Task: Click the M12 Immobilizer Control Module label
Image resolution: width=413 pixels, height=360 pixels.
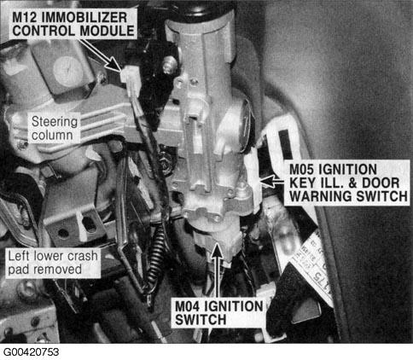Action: [x=73, y=24]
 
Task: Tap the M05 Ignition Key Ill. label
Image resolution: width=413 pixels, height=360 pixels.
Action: [x=348, y=183]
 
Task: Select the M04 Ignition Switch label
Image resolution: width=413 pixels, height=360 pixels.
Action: [x=219, y=313]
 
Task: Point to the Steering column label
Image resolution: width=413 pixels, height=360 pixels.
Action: [x=55, y=128]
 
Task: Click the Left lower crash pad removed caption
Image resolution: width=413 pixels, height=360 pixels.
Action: [x=53, y=263]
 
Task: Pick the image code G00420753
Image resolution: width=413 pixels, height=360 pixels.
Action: [x=32, y=352]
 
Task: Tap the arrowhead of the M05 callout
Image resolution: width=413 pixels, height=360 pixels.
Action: [x=267, y=182]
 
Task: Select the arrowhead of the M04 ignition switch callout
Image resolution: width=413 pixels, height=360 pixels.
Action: [x=218, y=249]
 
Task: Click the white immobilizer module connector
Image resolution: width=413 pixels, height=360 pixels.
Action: [x=131, y=80]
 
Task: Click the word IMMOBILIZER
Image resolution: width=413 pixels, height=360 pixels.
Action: [x=84, y=18]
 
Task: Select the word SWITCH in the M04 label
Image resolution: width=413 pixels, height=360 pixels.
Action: [x=201, y=320]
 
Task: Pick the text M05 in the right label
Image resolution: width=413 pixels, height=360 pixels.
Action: [x=301, y=170]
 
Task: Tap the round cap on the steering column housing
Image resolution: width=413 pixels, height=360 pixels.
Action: [x=67, y=72]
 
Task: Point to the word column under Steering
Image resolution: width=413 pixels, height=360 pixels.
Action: [x=52, y=136]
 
